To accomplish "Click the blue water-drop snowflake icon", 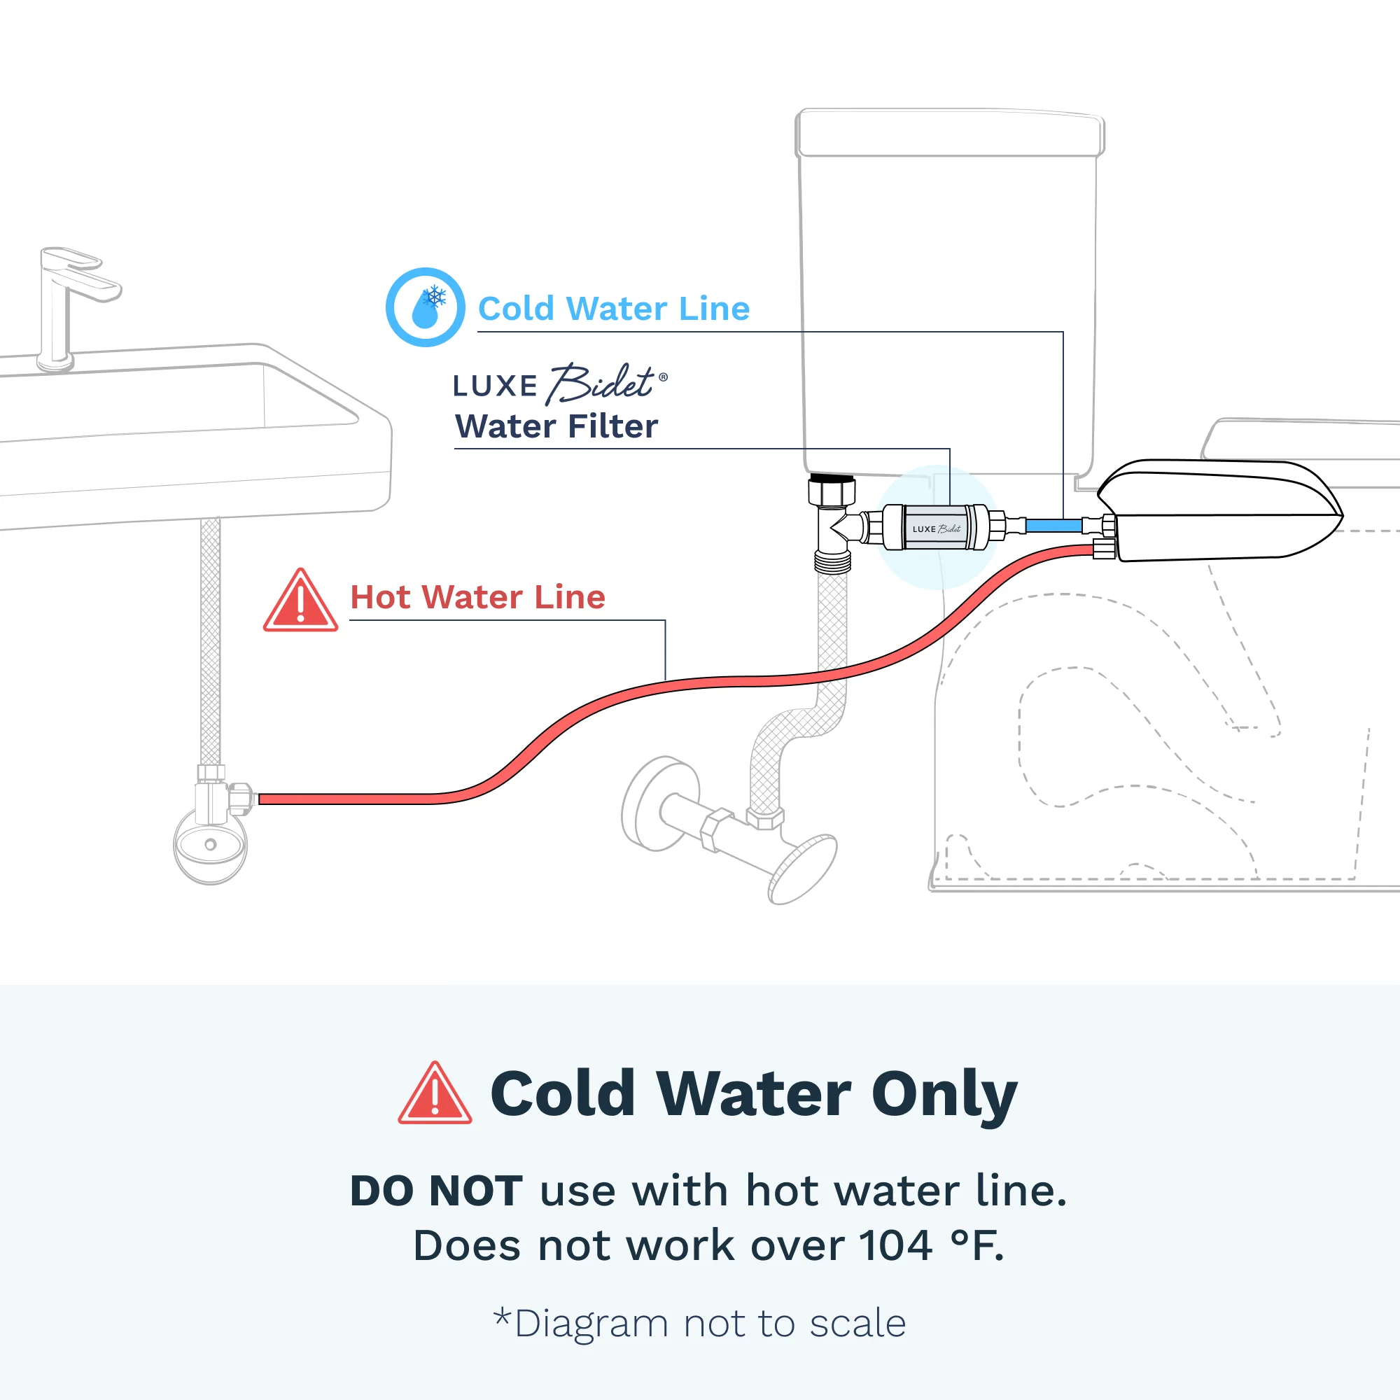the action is (x=426, y=307).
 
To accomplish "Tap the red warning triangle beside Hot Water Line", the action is (x=300, y=601).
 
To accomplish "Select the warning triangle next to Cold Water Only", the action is (x=435, y=1094).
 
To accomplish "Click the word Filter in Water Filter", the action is (x=617, y=426).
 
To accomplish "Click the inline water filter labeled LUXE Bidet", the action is (x=935, y=528).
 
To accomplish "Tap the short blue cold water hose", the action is (x=1054, y=526).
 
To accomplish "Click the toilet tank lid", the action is (x=950, y=132).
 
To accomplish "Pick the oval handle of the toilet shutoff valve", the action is (x=802, y=869).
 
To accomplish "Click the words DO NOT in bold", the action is (x=435, y=1191).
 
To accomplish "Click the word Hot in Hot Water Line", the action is (x=386, y=597).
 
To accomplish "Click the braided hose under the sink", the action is (x=210, y=641).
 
